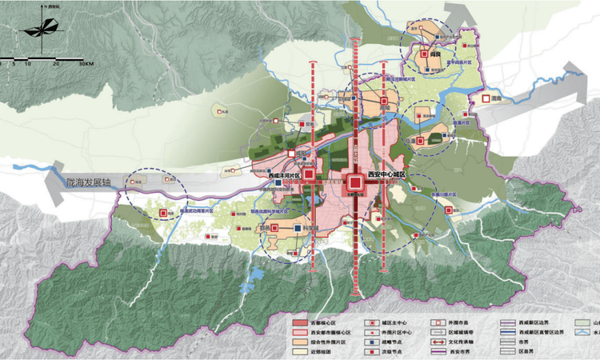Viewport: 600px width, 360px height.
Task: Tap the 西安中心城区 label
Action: tap(386, 175)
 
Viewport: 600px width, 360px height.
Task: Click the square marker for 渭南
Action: tap(486, 98)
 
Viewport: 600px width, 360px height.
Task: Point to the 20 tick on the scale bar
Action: tap(56, 63)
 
